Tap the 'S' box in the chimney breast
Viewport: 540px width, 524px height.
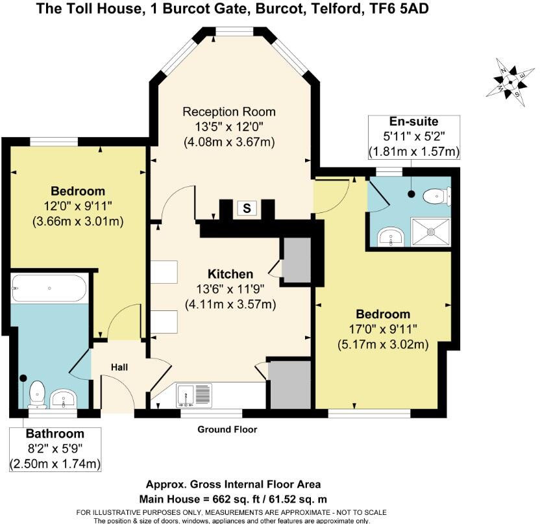coord(247,208)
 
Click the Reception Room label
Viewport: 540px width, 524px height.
coord(229,111)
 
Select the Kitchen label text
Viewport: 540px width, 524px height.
coord(230,273)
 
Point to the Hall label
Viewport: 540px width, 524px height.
coord(119,368)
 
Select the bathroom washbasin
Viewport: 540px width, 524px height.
coord(64,397)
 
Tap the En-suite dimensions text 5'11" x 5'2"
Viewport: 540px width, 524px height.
coord(413,137)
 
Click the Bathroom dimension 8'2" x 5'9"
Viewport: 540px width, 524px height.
coord(55,448)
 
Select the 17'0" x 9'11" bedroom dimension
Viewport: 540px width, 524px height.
coord(382,329)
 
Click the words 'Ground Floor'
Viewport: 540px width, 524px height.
coord(227,430)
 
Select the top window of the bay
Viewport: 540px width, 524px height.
coord(234,32)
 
